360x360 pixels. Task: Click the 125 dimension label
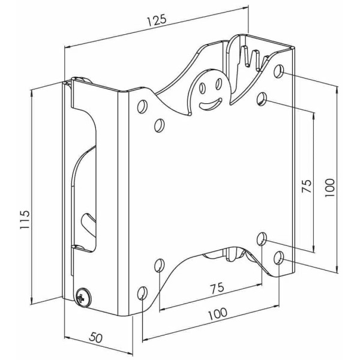click(x=156, y=20)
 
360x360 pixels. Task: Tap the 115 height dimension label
click(x=25, y=219)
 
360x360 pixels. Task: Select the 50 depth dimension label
click(x=96, y=337)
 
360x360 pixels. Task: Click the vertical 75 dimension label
click(x=307, y=186)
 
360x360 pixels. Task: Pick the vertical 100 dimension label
click(x=329, y=187)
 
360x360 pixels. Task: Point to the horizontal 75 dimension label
click(x=217, y=288)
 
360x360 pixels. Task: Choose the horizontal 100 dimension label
click(x=217, y=313)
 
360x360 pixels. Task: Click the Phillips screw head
click(x=82, y=298)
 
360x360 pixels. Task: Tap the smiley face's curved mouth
click(x=211, y=103)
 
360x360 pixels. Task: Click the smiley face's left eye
click(x=203, y=88)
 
